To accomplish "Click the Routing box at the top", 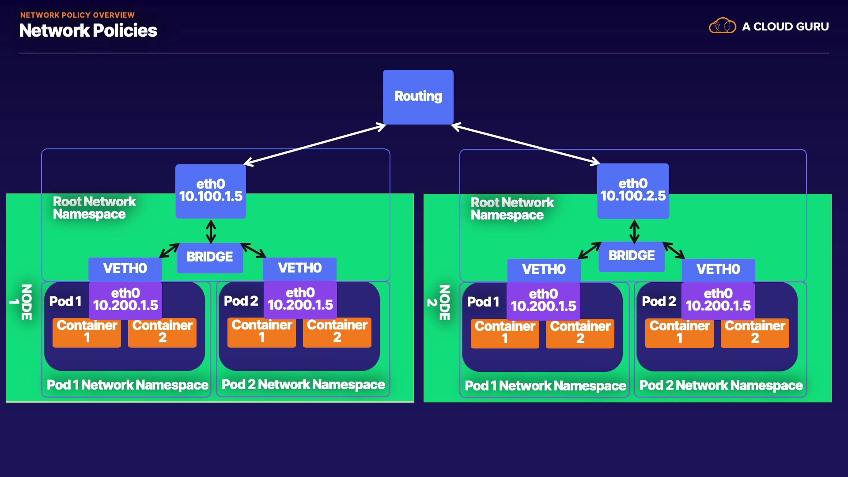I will [x=418, y=97].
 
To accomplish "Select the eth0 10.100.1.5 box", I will [x=211, y=191].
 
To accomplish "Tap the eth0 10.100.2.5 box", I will [x=633, y=190].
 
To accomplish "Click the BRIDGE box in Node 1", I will [x=210, y=257].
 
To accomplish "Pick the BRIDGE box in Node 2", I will [x=632, y=256].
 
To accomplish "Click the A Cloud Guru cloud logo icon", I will [x=722, y=26].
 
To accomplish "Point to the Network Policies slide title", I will [x=88, y=30].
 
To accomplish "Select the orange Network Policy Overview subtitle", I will [x=77, y=15].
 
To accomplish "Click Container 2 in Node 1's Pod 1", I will [x=162, y=332].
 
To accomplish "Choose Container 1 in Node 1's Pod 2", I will [x=261, y=331].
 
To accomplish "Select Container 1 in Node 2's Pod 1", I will [x=505, y=333].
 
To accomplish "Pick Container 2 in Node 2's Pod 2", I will [x=755, y=332].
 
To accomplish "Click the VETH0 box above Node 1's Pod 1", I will [x=125, y=269].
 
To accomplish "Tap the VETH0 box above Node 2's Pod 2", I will [x=718, y=269].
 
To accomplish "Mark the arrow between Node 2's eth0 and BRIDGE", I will [x=634, y=231].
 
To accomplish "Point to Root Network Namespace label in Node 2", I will [x=512, y=208].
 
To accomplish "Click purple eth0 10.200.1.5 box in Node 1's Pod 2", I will [x=300, y=299].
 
